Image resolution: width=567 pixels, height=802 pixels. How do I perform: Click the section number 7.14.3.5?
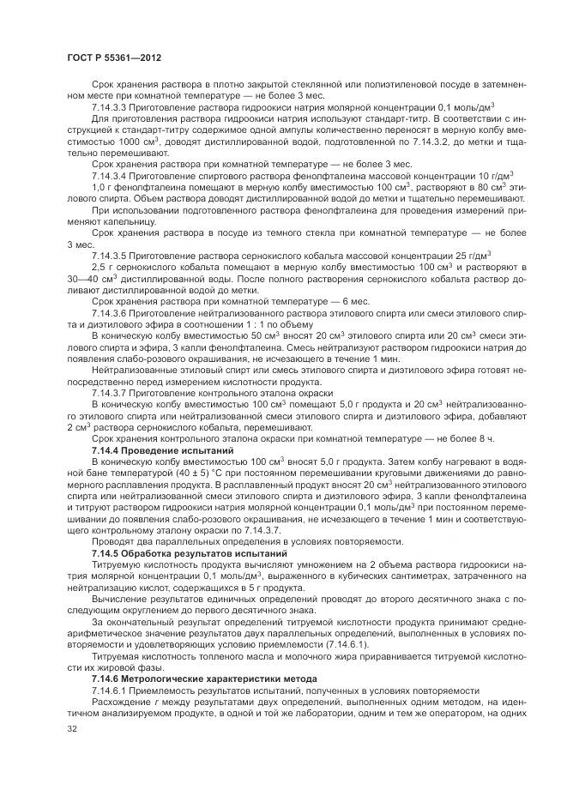tap(113, 256)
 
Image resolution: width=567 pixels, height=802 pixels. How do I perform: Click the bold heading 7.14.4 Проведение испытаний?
tap(162, 450)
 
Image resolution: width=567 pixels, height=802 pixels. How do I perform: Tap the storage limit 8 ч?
tap(487, 438)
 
